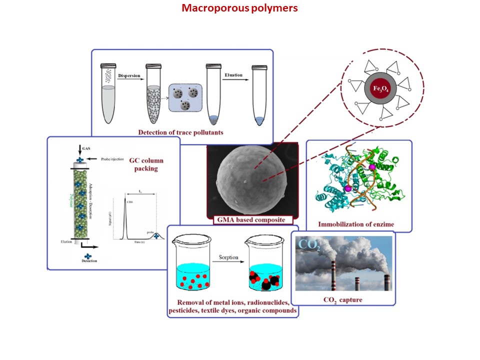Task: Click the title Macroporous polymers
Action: click(x=239, y=8)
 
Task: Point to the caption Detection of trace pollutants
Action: click(x=180, y=132)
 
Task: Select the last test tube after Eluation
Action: click(x=259, y=95)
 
